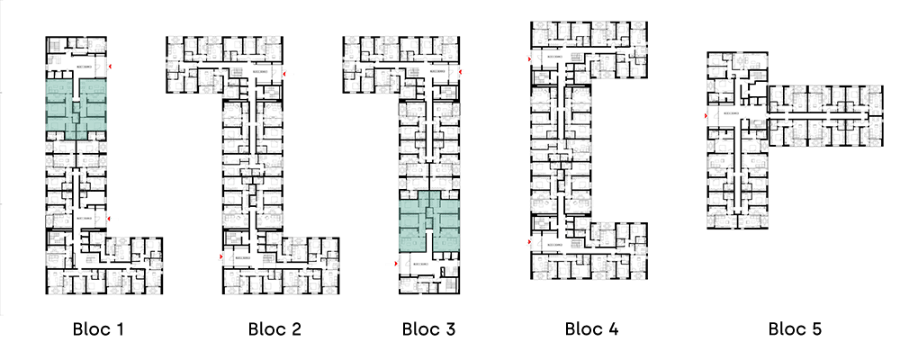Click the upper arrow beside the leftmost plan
(113, 67)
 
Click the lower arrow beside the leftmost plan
(113, 219)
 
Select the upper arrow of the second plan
(289, 73)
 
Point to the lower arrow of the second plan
(215, 257)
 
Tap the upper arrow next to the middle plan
(464, 72)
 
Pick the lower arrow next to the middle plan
(391, 264)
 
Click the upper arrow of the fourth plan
(525, 59)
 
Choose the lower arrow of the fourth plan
(525, 241)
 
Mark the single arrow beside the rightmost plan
(703, 116)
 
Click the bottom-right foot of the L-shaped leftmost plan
(135, 265)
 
